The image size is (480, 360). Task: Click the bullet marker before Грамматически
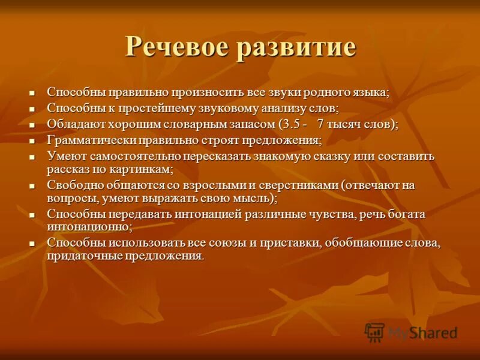pyautogui.click(x=33, y=141)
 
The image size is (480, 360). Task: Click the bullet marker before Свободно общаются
pyautogui.click(x=33, y=186)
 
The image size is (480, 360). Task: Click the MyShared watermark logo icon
pyautogui.click(x=374, y=332)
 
